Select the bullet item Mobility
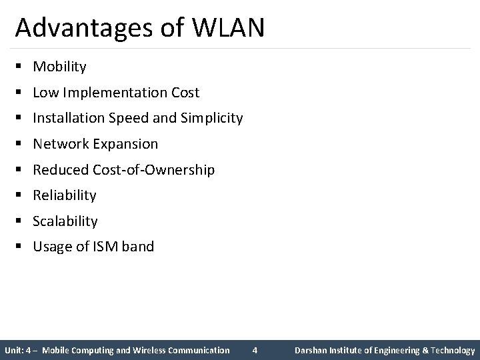(59, 67)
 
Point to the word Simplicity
(210, 119)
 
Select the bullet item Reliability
(65, 195)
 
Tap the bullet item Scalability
(65, 221)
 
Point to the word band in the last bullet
(138, 247)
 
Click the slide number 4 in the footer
(254, 350)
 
